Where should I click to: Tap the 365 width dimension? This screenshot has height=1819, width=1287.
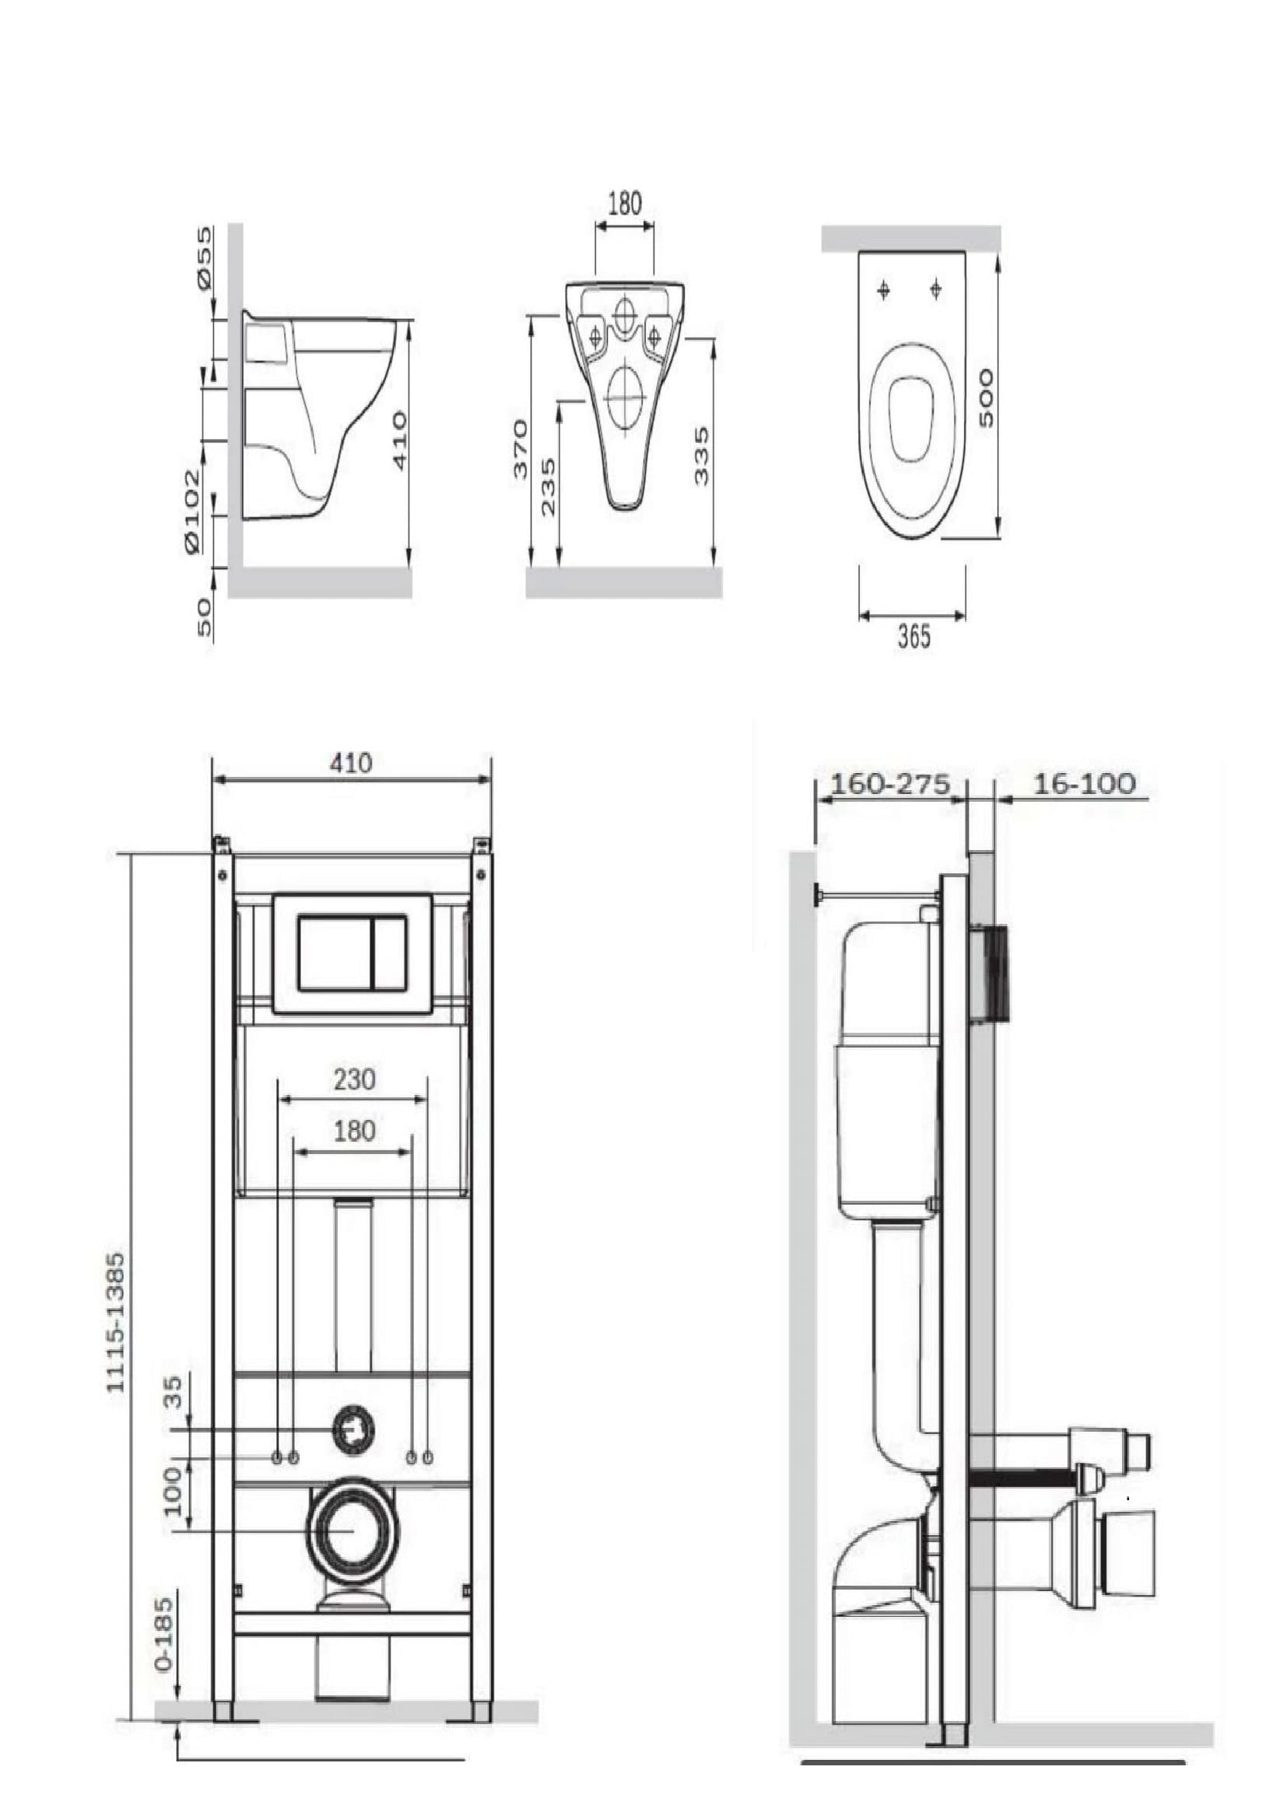point(913,637)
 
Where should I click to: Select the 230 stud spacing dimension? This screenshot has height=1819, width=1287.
point(353,1080)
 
